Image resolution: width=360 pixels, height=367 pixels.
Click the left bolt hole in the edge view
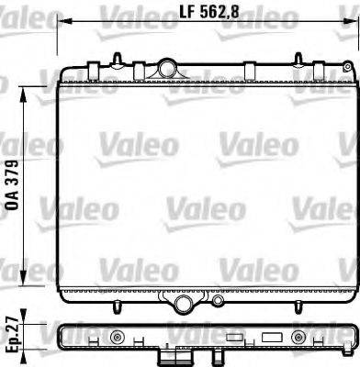coord(116,338)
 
